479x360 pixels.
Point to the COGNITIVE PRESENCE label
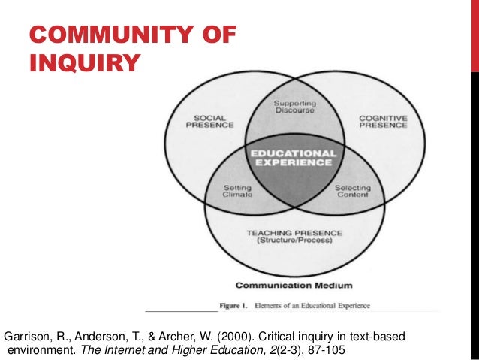[x=383, y=122]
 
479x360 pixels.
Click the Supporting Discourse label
[x=294, y=107]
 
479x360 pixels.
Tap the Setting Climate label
[x=238, y=192]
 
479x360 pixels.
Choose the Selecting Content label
[x=351, y=192]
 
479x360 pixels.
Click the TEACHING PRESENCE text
[x=294, y=234]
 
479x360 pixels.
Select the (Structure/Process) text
[x=294, y=243]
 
